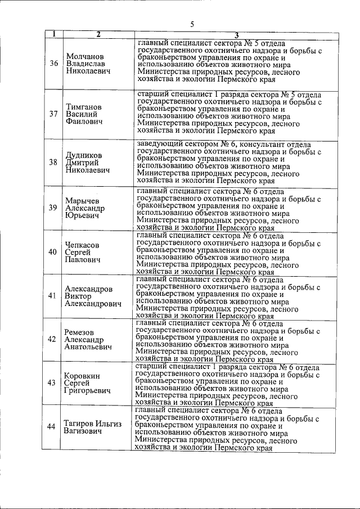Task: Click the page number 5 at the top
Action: [192, 24]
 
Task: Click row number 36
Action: [53, 64]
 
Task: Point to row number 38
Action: [53, 162]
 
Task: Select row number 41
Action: [53, 296]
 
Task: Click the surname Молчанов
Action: [85, 56]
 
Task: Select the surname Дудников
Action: [84, 155]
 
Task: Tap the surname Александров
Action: [88, 289]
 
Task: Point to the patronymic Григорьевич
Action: [87, 390]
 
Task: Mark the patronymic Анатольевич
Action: [88, 347]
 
